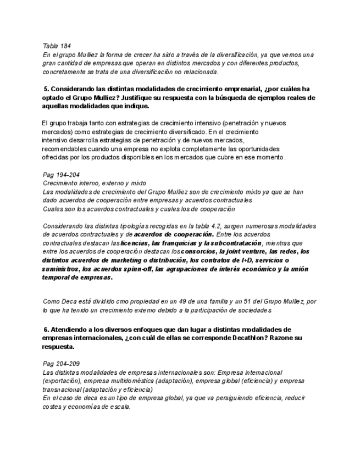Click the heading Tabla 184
(57, 46)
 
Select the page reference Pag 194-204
(61, 175)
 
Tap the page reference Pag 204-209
(61, 364)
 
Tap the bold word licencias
(135, 243)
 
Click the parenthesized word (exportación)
(63, 381)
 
